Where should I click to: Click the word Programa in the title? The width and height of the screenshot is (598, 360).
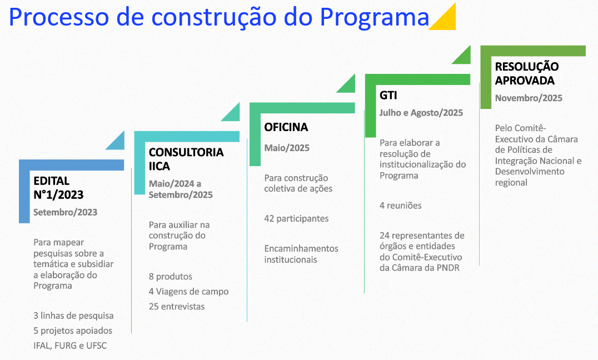(x=374, y=18)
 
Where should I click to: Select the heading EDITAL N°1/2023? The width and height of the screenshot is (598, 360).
(x=58, y=188)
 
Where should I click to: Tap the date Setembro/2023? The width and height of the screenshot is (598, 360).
(x=65, y=212)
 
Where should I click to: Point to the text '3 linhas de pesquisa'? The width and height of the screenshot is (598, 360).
(x=73, y=316)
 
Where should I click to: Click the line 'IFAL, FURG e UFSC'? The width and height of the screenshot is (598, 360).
(x=70, y=346)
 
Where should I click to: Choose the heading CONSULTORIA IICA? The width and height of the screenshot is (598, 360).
(x=186, y=159)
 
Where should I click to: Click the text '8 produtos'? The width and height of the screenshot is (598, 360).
(x=170, y=276)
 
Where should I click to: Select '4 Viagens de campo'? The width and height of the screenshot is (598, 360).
(x=188, y=291)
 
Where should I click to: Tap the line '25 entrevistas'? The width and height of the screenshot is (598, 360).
(x=177, y=306)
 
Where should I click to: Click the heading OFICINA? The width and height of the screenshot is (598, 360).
(x=286, y=127)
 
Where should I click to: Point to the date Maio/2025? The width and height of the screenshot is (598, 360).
(x=287, y=148)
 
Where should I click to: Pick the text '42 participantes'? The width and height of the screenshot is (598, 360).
(x=296, y=218)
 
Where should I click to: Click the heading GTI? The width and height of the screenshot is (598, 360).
(x=388, y=95)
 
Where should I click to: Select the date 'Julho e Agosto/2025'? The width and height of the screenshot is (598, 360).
(x=421, y=113)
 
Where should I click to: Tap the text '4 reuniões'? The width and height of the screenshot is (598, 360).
(x=401, y=206)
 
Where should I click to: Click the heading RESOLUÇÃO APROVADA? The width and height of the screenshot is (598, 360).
(x=527, y=73)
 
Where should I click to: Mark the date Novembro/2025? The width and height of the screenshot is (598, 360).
(x=529, y=98)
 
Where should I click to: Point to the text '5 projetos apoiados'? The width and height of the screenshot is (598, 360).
(x=73, y=331)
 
